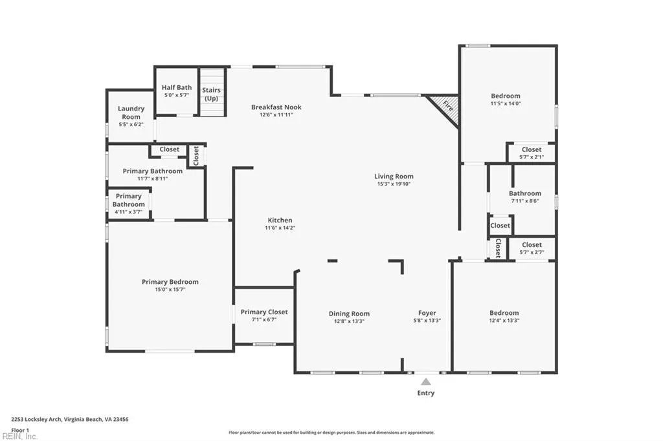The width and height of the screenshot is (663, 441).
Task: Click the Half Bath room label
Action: (176, 87)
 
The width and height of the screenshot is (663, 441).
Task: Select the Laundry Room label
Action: (131, 113)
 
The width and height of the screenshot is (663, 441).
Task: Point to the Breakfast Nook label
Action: (276, 107)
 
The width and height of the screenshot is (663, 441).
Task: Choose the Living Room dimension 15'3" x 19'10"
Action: (394, 184)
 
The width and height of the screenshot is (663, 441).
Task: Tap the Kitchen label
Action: (280, 220)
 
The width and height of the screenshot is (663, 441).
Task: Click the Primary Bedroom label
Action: (170, 282)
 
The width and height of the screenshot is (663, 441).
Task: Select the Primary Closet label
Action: (264, 312)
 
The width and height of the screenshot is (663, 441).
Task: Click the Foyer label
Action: (427, 314)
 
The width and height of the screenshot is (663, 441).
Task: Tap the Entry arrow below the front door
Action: (425, 382)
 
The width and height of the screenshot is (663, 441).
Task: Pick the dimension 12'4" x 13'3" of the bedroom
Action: (504, 320)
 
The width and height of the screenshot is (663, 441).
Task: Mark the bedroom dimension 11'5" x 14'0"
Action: (505, 103)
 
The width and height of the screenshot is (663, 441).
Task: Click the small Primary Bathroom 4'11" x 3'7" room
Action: (129, 203)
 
